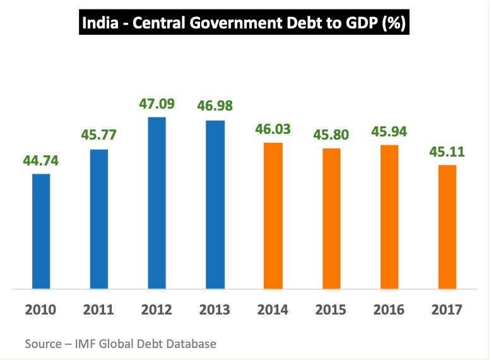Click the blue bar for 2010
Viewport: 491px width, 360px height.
tap(41, 231)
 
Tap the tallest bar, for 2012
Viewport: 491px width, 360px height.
tap(157, 203)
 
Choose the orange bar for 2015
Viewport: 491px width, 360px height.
tap(331, 219)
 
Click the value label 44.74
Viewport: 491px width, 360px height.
tap(41, 160)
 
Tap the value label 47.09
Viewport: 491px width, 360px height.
tap(157, 104)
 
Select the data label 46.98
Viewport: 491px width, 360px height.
tap(215, 107)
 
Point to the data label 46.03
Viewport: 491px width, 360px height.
tap(273, 129)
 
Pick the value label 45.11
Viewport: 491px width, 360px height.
tap(447, 152)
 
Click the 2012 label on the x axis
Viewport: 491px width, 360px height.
tap(157, 309)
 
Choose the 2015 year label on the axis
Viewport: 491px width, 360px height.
tap(331, 309)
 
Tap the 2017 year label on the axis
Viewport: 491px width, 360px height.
tap(447, 309)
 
